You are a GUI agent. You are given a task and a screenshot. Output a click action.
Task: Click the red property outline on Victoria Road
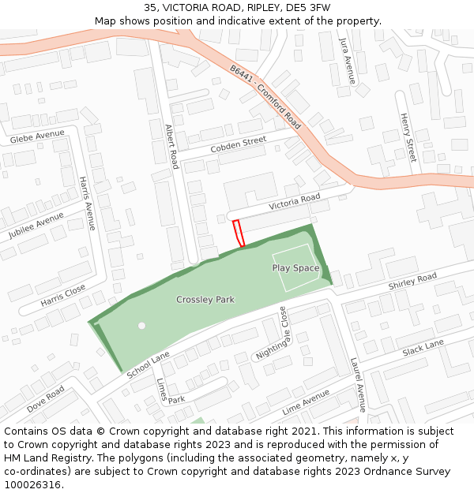point(238,233)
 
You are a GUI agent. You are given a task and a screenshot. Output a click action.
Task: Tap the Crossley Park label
point(205,300)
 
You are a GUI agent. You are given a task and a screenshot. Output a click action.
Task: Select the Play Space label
point(295,268)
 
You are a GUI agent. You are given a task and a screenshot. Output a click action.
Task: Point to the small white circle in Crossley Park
point(141,325)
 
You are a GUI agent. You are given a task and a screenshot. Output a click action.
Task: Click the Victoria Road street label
point(294,201)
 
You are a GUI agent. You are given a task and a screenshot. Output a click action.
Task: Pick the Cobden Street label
point(239,145)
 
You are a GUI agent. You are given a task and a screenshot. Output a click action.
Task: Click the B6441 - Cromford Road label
point(266,97)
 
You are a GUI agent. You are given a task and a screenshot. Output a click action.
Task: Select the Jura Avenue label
point(344,59)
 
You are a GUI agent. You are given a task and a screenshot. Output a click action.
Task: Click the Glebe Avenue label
point(37,137)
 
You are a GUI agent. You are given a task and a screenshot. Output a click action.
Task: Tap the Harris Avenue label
point(87,203)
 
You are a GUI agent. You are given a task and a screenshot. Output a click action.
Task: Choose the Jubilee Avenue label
point(36,226)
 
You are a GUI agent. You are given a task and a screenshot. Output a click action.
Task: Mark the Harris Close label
point(62,294)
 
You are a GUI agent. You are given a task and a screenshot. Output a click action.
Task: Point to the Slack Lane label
point(423,346)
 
